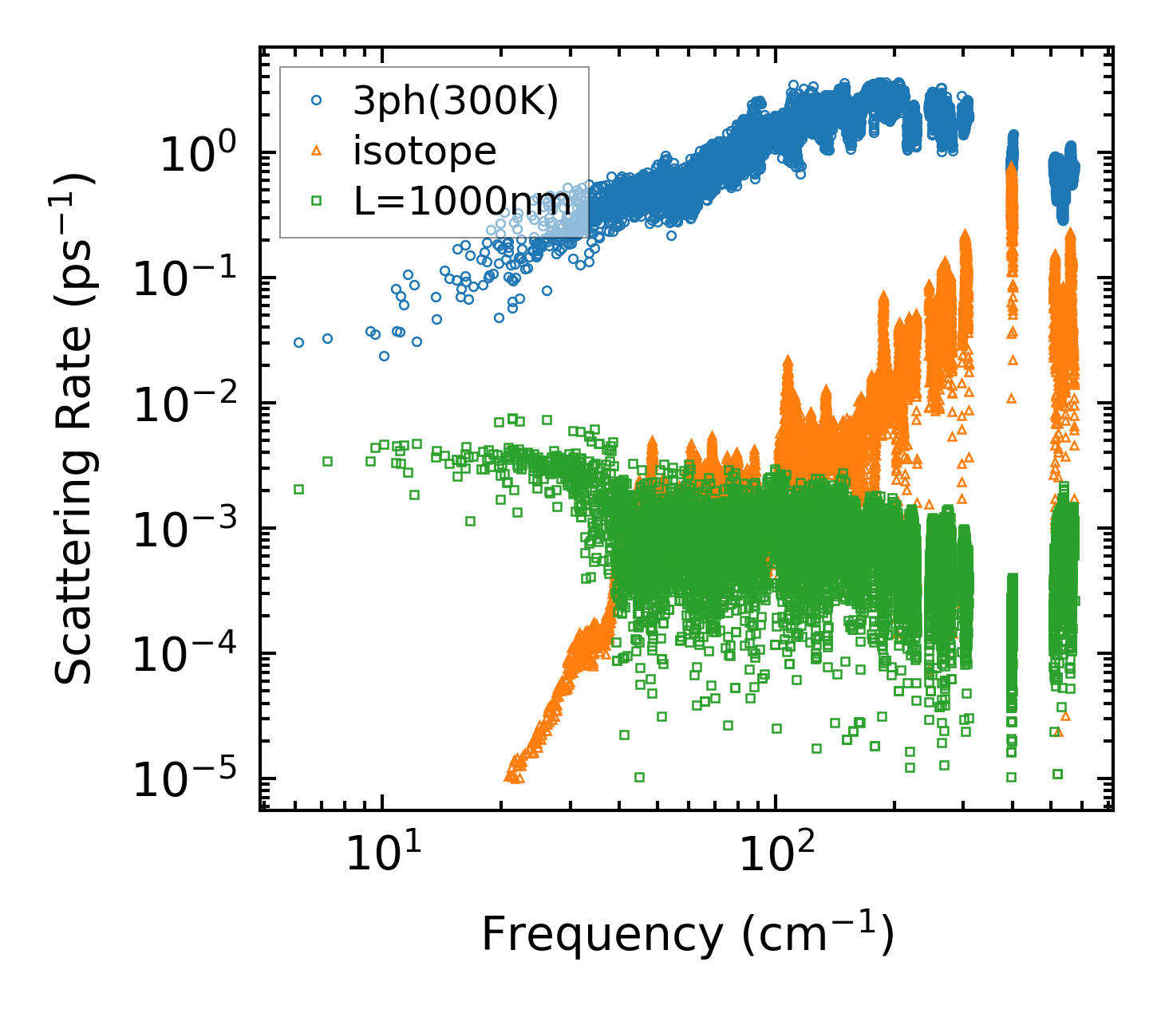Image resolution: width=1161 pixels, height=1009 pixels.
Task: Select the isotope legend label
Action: [425, 151]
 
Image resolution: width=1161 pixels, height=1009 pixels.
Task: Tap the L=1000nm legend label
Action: [462, 202]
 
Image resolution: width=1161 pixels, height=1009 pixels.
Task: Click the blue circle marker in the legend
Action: [316, 101]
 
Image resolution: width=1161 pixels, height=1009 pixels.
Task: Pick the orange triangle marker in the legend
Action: [316, 152]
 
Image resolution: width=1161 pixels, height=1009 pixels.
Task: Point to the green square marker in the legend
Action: [316, 202]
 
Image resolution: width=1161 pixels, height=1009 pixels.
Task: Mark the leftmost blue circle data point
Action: [298, 342]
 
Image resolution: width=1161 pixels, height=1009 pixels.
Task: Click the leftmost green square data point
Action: [298, 489]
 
